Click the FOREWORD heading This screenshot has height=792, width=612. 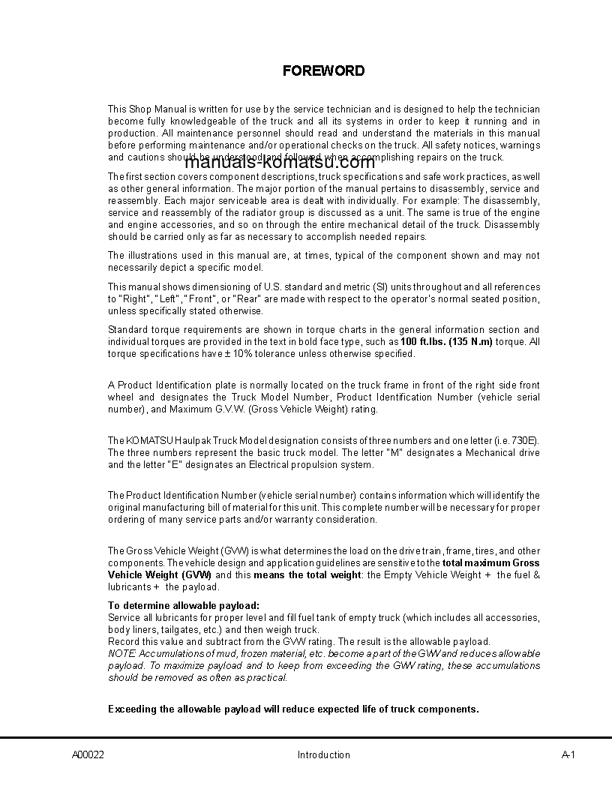point(323,71)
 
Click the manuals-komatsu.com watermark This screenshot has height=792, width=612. point(279,163)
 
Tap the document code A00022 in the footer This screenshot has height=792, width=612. point(88,754)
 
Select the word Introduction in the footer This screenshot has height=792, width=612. point(323,754)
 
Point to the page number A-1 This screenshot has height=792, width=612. point(568,754)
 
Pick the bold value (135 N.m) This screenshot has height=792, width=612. point(470,342)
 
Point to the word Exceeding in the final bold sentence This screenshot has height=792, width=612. point(133,709)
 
